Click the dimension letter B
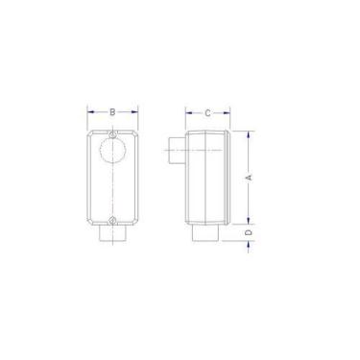click(x=113, y=112)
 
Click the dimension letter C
click(x=207, y=112)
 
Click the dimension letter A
click(x=249, y=177)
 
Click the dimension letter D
click(x=249, y=231)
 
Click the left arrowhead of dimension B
click(x=91, y=112)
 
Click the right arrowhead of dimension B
click(x=135, y=112)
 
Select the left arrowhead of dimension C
click(x=186, y=112)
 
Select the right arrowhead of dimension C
click(x=228, y=112)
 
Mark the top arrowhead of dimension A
click(x=249, y=132)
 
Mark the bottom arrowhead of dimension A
click(x=249, y=222)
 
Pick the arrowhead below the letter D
click(x=249, y=246)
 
